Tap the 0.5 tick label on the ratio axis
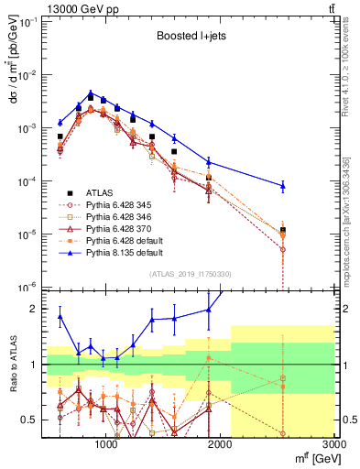pyautogui.click(x=30, y=420)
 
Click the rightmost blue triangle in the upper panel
pyautogui.click(x=283, y=186)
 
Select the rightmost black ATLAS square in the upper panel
pyautogui.click(x=283, y=230)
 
